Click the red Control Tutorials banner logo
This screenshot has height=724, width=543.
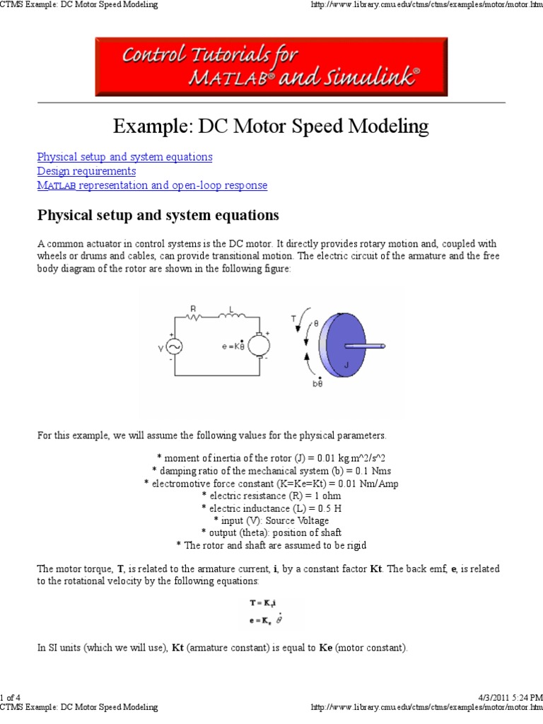[x=271, y=66]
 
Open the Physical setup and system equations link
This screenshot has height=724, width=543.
[x=124, y=157]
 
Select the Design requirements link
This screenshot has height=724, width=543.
[x=86, y=171]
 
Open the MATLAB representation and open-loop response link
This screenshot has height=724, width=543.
[x=152, y=185]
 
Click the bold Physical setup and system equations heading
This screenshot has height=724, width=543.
[x=158, y=215]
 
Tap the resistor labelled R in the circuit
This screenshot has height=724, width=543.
[x=195, y=317]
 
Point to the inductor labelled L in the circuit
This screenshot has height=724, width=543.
[x=233, y=316]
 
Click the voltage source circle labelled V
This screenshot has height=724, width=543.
[x=173, y=346]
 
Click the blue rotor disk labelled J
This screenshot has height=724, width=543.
[x=346, y=347]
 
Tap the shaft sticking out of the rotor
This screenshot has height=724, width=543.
[x=368, y=346]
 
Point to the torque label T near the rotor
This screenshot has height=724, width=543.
[x=294, y=318]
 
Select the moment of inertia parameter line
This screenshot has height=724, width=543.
[x=271, y=457]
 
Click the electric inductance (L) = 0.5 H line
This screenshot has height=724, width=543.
[x=271, y=508]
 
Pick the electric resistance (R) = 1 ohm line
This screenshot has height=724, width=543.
[x=271, y=496]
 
